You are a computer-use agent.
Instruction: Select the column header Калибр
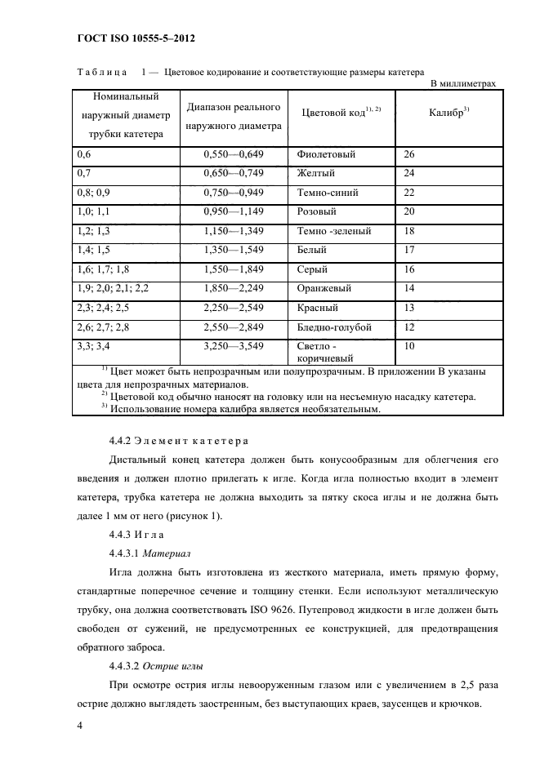pyautogui.click(x=448, y=112)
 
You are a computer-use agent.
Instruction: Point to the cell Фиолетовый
pyautogui.click(x=328, y=154)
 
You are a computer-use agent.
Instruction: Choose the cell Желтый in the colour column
pyautogui.click(x=317, y=174)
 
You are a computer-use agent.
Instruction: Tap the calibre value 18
pyautogui.click(x=409, y=232)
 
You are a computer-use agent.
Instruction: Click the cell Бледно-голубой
pyautogui.click(x=336, y=327)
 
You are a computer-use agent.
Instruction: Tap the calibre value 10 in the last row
pyautogui.click(x=409, y=347)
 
